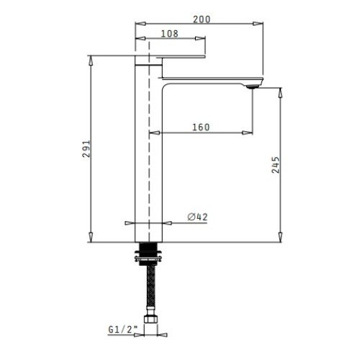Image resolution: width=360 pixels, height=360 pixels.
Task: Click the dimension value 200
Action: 202,19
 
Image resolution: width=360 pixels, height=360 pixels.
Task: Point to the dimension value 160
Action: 201,127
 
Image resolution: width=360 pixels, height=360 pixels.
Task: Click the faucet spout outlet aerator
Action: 251,85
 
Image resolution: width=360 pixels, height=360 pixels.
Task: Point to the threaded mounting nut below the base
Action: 149,253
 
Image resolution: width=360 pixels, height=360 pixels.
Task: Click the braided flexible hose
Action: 150,288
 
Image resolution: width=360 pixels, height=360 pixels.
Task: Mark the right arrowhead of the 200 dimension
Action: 257,26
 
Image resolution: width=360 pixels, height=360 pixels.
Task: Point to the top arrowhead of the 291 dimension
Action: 91,58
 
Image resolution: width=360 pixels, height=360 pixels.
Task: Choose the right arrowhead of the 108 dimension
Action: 204,39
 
